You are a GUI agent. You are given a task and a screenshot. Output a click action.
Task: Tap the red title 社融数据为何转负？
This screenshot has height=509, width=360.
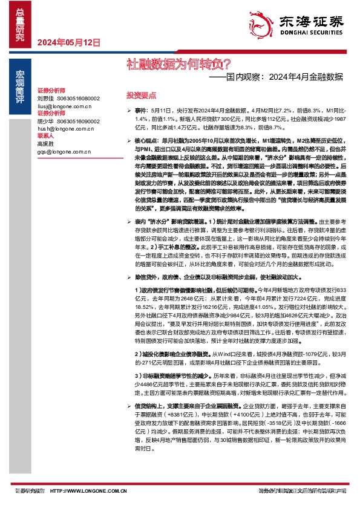(x=163, y=62)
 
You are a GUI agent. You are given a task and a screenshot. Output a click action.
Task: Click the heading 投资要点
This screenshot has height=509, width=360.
(x=141, y=96)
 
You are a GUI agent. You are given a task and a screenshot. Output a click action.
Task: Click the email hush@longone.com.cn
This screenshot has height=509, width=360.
(x=64, y=129)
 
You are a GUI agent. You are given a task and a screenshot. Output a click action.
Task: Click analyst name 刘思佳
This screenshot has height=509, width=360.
(x=45, y=98)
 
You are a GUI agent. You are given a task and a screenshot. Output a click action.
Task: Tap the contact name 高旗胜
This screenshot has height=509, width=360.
(x=45, y=144)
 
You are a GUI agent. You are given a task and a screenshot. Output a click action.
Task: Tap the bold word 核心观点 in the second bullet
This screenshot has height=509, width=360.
(x=145, y=140)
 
